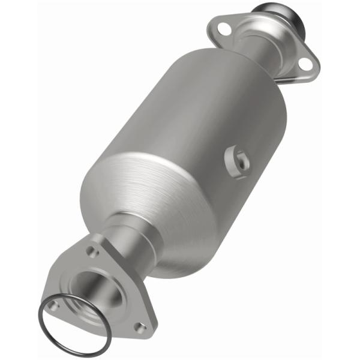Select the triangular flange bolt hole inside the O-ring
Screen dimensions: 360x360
tap(53, 305)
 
